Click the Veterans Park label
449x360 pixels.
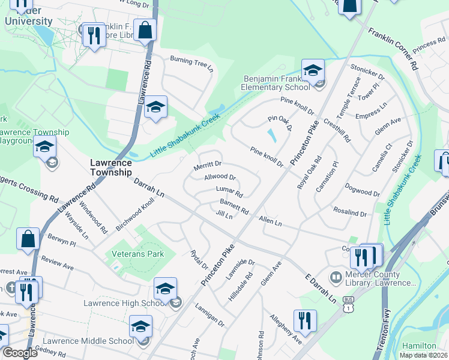[x=137, y=254]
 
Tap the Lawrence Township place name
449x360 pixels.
[x=110, y=167]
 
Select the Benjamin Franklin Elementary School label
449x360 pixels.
[x=277, y=83]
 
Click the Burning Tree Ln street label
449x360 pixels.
[x=191, y=63]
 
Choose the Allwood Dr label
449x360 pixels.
[x=220, y=178]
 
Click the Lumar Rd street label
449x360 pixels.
[x=229, y=191]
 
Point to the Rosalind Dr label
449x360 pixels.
[x=349, y=212]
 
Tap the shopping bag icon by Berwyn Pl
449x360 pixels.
[x=28, y=239]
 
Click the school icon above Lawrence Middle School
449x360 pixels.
[x=140, y=326]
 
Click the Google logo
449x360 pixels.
[x=20, y=353]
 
